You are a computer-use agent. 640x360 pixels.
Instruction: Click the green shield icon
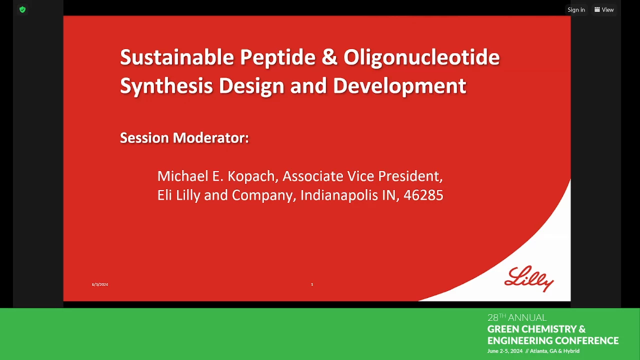[22, 9]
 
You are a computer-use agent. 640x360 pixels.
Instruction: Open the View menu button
[604, 9]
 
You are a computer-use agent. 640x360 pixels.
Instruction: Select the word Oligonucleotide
[421, 57]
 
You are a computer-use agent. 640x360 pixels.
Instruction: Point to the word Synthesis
[166, 85]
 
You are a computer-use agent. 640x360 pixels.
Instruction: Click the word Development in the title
[399, 85]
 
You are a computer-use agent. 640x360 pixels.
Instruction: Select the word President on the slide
[410, 176]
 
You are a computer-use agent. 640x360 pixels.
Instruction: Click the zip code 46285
[423, 195]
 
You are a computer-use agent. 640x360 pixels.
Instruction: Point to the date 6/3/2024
[99, 284]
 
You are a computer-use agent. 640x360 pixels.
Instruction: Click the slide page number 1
[312, 284]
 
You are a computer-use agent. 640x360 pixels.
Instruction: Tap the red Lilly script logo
[529, 279]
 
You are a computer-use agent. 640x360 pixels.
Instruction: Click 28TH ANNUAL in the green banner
[517, 317]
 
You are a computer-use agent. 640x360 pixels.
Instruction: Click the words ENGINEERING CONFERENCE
[553, 340]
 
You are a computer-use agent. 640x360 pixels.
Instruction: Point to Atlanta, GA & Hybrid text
[554, 351]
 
